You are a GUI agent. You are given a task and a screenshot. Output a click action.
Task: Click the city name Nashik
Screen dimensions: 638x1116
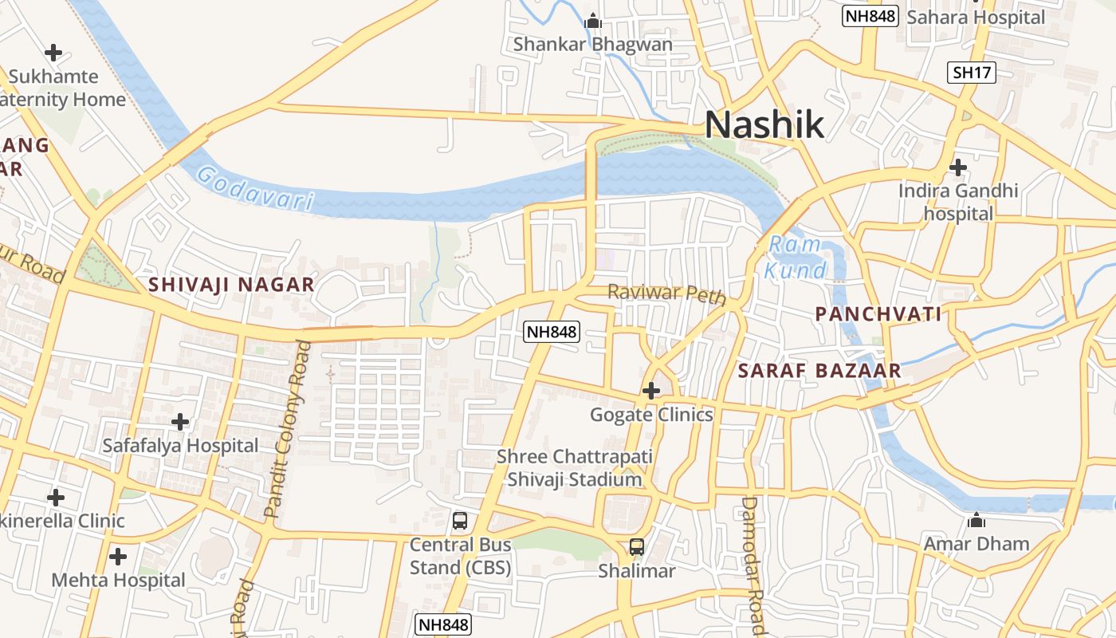(x=764, y=125)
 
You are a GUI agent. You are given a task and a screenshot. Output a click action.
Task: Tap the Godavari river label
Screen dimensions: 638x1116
(x=254, y=188)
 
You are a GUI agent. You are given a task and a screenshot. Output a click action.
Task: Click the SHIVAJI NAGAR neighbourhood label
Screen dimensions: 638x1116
(x=231, y=284)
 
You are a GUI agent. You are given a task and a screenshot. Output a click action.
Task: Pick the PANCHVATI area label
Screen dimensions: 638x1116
(x=878, y=314)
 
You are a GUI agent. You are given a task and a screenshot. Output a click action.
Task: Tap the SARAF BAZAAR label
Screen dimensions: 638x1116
(x=819, y=370)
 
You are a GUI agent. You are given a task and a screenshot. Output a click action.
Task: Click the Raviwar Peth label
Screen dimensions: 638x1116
(x=666, y=293)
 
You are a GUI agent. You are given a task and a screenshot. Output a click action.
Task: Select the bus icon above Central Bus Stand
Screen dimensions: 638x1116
(x=460, y=521)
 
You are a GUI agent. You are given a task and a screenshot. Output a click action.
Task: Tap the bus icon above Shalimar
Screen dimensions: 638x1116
(x=636, y=547)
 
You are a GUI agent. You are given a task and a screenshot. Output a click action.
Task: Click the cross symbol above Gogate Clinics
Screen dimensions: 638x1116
(x=651, y=391)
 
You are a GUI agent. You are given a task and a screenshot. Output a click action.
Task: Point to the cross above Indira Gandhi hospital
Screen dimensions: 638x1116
(x=958, y=167)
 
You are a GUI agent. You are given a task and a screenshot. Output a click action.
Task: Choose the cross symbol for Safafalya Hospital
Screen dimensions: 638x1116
(x=180, y=421)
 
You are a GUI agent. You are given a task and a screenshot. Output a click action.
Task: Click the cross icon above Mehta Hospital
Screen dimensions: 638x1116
(x=118, y=556)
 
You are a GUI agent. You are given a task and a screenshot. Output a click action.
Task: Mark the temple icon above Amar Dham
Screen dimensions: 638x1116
(x=976, y=521)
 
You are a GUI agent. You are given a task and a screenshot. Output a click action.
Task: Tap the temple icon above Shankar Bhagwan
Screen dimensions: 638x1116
(x=592, y=21)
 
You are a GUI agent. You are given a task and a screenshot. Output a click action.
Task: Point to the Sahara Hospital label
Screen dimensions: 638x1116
(x=975, y=17)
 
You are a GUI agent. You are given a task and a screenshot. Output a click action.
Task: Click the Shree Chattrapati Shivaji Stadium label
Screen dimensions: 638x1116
(x=574, y=468)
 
